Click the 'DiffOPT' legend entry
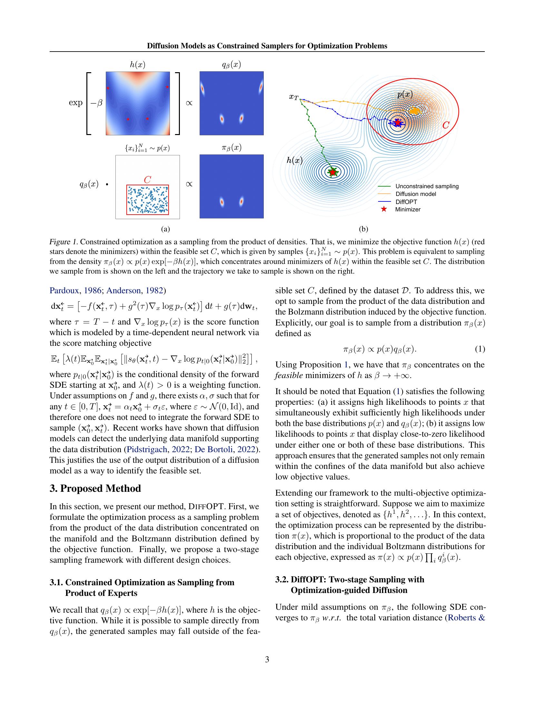click(406, 202)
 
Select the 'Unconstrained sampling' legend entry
click(426, 186)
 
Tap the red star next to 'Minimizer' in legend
click(384, 209)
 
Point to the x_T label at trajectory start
click(293, 97)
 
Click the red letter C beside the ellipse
click(445, 125)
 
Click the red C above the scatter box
click(147, 180)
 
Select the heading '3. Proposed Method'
click(95, 488)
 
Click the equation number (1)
click(480, 349)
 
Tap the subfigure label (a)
click(165, 229)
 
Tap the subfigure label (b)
click(363, 229)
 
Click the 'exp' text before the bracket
click(76, 102)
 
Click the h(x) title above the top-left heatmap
click(138, 64)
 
